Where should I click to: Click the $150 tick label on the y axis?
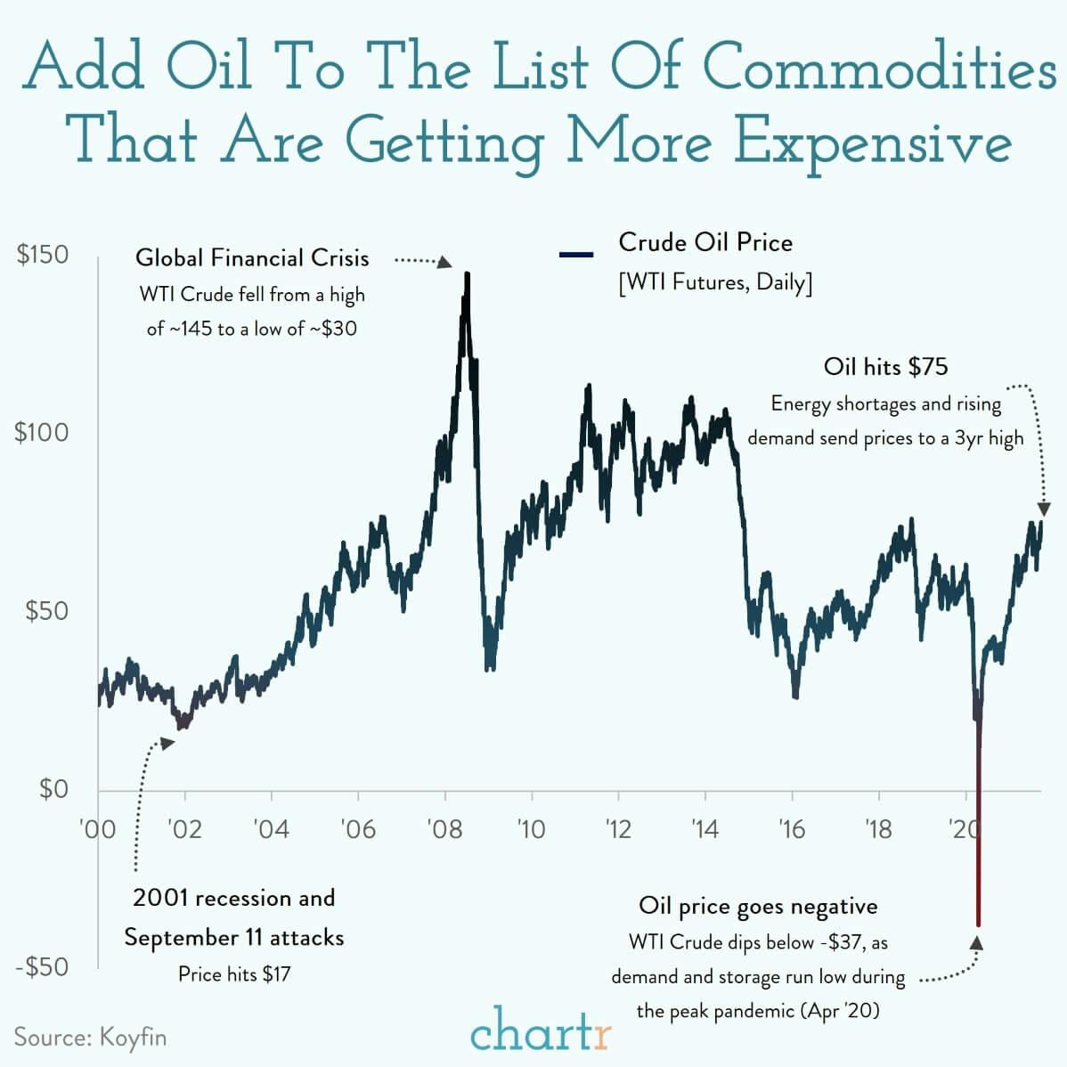click(x=43, y=255)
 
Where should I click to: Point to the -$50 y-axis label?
click(x=43, y=967)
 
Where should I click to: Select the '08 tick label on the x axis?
click(x=444, y=829)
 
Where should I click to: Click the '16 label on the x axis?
click(x=791, y=829)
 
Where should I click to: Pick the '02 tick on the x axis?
click(x=184, y=829)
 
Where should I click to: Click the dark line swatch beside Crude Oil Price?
click(x=576, y=256)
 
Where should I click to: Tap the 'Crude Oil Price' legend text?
click(x=705, y=242)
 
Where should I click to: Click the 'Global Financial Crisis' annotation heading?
click(x=252, y=258)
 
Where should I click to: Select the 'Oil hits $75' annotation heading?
click(x=885, y=366)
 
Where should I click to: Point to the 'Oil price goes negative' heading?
click(x=758, y=907)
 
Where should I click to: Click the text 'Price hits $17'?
click(x=234, y=973)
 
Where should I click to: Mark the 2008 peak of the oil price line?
click(x=467, y=274)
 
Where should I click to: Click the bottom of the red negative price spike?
click(x=978, y=924)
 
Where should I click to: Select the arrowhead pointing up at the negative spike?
click(x=978, y=942)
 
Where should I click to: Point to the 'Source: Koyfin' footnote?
click(x=90, y=1038)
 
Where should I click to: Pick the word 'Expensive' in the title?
click(x=872, y=143)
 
